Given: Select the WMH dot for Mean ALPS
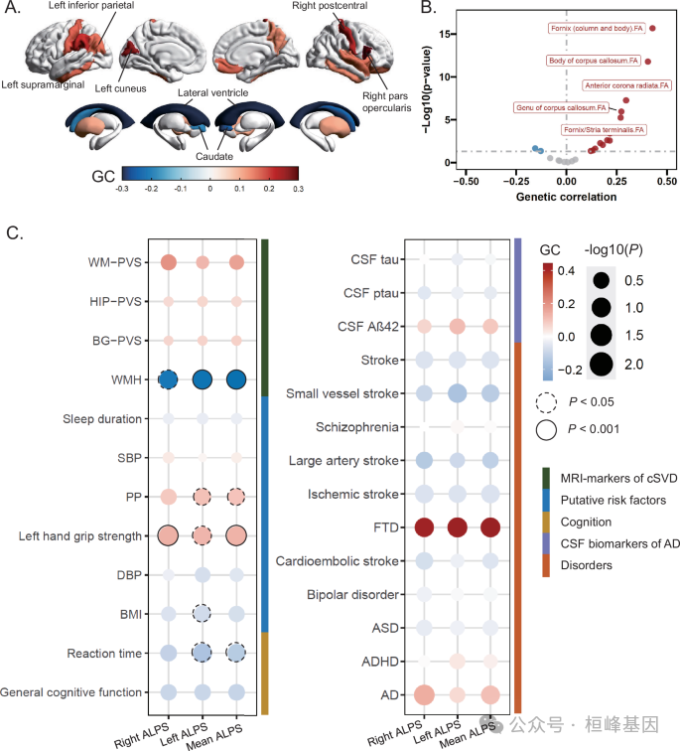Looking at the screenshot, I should pos(236,379).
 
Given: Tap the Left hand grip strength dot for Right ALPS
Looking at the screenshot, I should pos(168,536).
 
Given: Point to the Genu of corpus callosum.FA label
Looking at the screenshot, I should pos(547,107).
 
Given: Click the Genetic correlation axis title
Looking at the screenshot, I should pos(566,196).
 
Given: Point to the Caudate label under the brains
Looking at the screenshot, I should pos(214,156).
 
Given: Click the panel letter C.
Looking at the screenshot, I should pos(14,233).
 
